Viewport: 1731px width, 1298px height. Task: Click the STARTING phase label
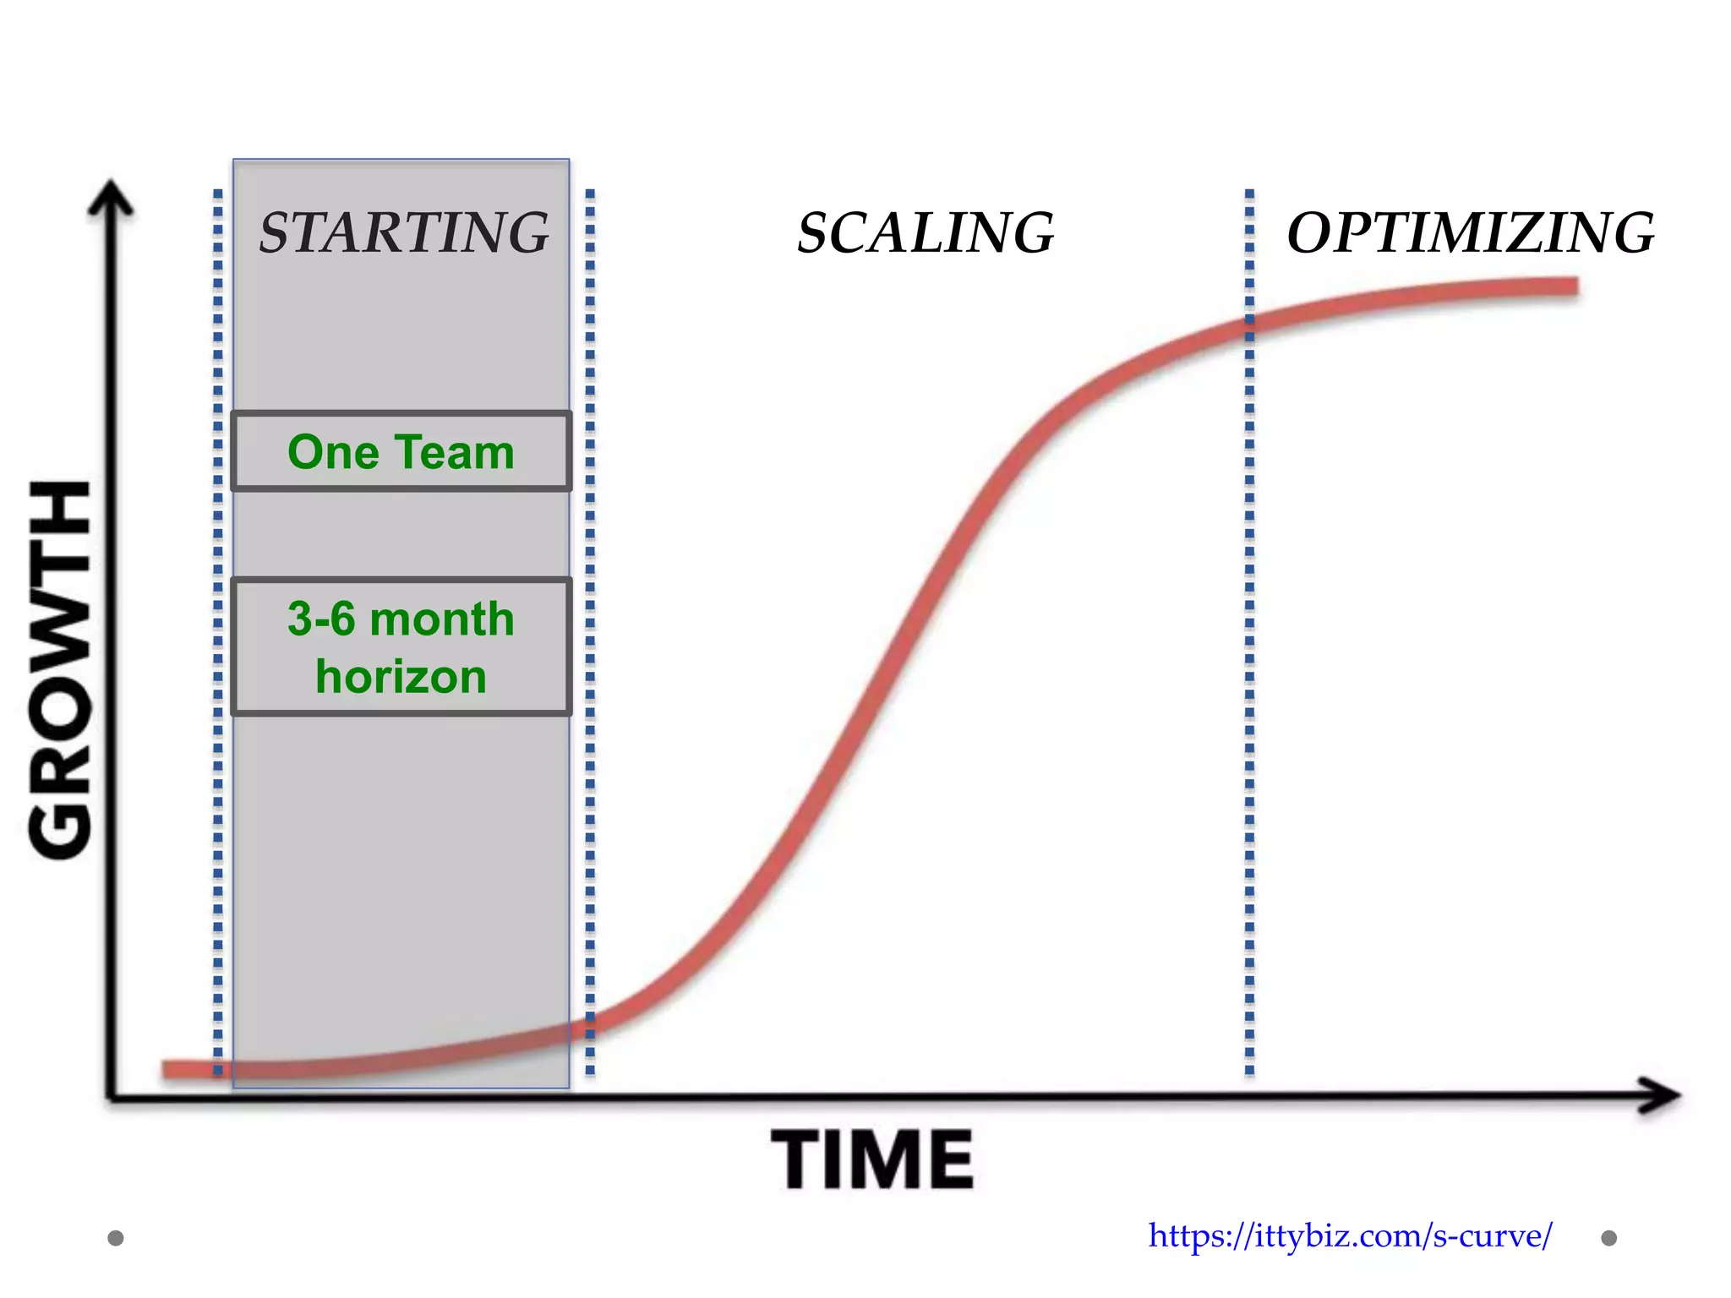[404, 232]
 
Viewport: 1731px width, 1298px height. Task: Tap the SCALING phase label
[926, 232]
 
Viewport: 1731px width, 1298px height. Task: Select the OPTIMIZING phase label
[1470, 232]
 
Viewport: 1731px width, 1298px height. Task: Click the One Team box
[401, 451]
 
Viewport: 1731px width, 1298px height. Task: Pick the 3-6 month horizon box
[401, 647]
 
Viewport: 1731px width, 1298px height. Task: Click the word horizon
[401, 677]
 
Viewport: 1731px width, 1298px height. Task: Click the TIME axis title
[872, 1160]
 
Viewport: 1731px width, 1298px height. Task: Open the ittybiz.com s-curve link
[1350, 1236]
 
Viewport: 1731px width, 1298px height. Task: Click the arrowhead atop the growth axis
[111, 199]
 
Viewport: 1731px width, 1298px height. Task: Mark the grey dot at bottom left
[116, 1238]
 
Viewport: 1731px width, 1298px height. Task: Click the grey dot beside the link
[1609, 1238]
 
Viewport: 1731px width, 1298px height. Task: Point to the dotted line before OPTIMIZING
[1249, 634]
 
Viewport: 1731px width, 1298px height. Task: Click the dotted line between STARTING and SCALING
[590, 634]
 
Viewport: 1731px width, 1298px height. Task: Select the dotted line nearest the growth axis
[218, 634]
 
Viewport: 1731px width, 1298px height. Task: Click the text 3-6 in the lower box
[321, 619]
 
